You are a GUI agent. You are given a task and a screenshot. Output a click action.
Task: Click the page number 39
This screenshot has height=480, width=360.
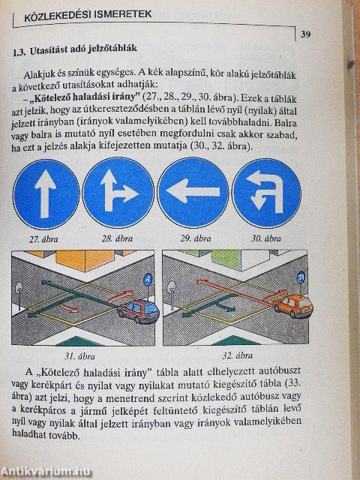[307, 33]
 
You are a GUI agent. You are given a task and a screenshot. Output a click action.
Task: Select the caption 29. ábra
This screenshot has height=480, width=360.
[190, 239]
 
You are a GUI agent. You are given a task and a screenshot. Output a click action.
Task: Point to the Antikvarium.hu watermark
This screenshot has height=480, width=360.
[49, 471]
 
